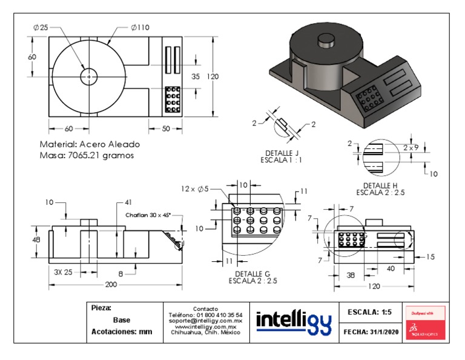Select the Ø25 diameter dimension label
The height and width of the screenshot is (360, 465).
41,27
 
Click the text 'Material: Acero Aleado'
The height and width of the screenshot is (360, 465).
90,145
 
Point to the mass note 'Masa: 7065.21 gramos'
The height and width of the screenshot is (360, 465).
87,156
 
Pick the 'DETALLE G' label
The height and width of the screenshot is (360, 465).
254,274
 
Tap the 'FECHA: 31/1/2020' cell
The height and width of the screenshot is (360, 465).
369,332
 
